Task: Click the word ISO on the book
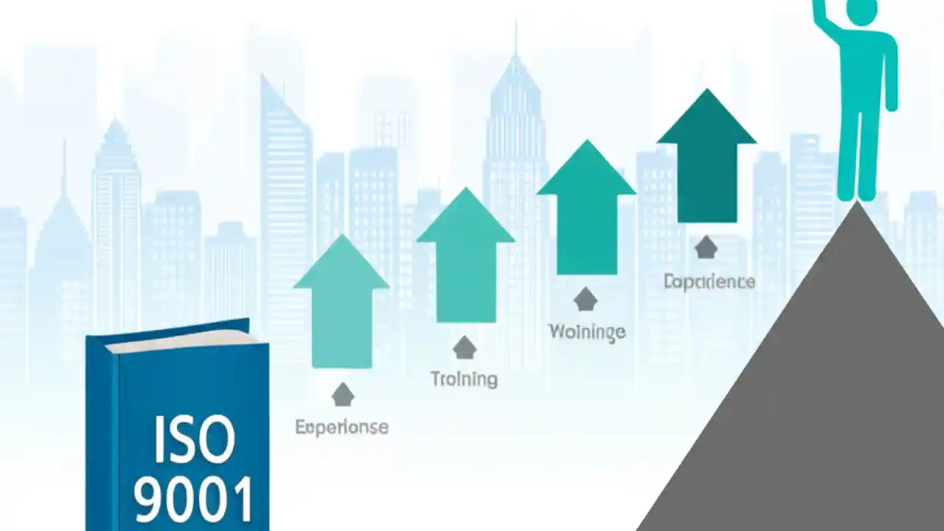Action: (194, 440)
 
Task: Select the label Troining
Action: (464, 379)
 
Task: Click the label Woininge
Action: (587, 331)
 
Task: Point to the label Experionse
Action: (341, 427)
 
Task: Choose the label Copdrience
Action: (709, 282)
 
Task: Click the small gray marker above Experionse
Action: (342, 395)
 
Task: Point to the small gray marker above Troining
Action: (465, 347)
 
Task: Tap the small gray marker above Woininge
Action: (586, 299)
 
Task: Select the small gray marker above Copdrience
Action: (706, 247)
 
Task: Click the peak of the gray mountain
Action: (857, 206)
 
